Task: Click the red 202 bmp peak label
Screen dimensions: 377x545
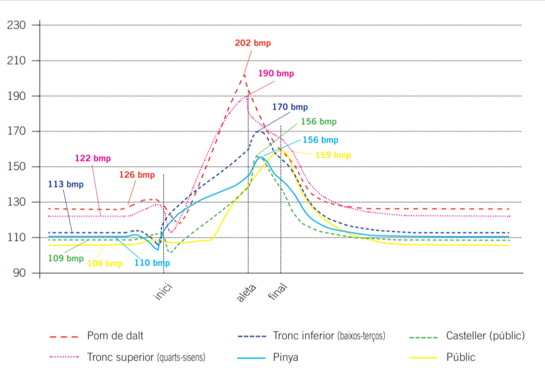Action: point(253,43)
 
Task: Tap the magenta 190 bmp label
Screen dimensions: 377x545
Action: point(276,73)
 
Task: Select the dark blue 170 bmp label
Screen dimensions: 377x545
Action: point(290,107)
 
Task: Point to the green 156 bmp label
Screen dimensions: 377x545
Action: point(318,122)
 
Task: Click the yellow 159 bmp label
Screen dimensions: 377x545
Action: point(333,155)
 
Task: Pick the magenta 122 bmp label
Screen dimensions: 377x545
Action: point(92,158)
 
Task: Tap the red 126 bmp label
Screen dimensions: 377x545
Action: point(137,174)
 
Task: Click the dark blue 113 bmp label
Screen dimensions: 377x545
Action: point(66,184)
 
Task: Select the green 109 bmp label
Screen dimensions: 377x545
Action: point(65,259)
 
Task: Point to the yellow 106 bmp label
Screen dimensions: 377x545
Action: point(105,264)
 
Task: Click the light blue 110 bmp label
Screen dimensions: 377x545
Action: point(152,263)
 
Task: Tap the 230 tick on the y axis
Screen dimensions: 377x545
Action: point(15,25)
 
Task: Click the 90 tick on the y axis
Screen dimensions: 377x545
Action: point(18,273)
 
